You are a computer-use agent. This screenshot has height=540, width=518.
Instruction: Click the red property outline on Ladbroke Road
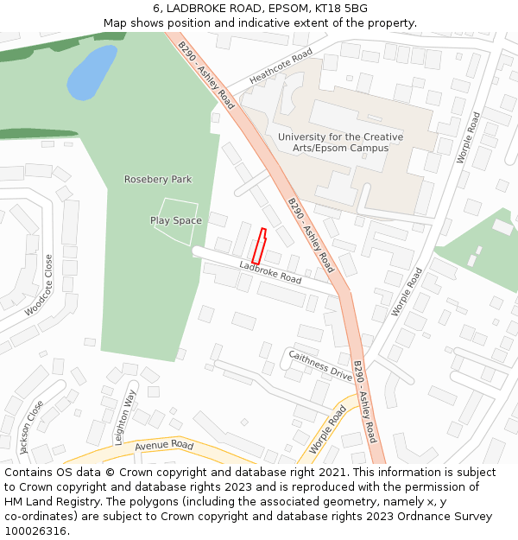point(258,246)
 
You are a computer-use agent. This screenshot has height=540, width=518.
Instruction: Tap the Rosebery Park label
point(158,180)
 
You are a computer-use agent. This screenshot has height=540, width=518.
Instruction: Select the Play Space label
point(176,220)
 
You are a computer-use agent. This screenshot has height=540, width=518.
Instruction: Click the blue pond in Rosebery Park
point(92,73)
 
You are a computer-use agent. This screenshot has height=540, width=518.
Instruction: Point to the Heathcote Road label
point(281,67)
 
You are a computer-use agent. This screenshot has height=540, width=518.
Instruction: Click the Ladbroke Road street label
point(270,273)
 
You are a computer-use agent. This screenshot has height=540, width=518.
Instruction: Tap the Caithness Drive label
point(320,365)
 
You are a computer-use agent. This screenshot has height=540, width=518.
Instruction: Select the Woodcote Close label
point(40,286)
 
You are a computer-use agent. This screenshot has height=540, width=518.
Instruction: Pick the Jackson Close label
point(31,427)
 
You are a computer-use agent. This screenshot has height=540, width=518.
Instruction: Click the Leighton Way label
point(125,416)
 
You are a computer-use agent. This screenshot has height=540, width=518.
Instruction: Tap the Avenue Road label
point(163,445)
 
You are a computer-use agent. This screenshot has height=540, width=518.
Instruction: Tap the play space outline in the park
point(175,222)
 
